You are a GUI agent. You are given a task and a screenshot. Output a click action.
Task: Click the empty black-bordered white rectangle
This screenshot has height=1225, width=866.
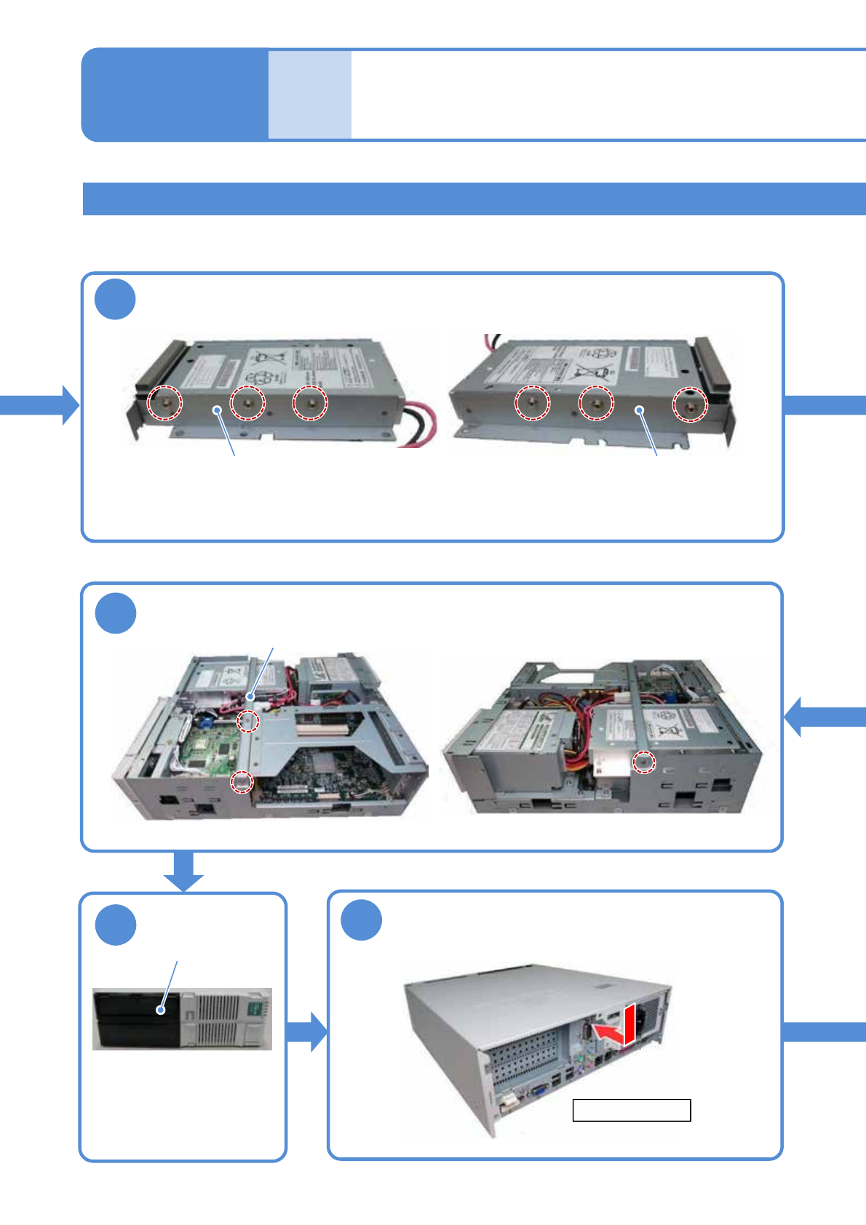tap(631, 1110)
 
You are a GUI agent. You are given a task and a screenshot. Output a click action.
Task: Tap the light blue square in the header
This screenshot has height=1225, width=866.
tap(309, 95)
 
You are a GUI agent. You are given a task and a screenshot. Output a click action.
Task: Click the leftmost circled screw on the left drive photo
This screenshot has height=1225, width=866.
tap(164, 402)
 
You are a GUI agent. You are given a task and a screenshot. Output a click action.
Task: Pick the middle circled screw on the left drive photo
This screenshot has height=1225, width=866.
tap(247, 402)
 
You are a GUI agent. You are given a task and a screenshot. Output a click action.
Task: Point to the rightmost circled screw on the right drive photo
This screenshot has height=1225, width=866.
tap(688, 404)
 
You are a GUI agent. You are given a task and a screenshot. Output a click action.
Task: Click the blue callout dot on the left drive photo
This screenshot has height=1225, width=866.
tap(217, 410)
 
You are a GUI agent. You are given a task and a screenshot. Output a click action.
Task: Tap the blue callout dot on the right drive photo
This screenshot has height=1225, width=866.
tap(640, 410)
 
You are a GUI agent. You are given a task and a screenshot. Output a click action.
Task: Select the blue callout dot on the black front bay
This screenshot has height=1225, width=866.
tap(161, 1010)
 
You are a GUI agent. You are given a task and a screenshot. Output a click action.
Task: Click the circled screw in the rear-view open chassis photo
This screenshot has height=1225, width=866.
tap(643, 762)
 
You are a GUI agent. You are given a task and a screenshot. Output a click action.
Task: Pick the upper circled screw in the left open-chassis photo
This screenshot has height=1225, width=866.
tap(248, 721)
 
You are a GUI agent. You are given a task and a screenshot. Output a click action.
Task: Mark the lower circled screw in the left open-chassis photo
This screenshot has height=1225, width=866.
tap(242, 782)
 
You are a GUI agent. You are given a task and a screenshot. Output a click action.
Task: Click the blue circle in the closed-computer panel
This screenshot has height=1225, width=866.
tap(362, 920)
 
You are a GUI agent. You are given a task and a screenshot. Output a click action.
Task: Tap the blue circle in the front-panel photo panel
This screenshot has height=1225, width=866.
tap(116, 925)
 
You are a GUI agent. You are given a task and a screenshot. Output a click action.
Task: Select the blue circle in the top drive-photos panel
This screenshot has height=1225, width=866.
tap(116, 299)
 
